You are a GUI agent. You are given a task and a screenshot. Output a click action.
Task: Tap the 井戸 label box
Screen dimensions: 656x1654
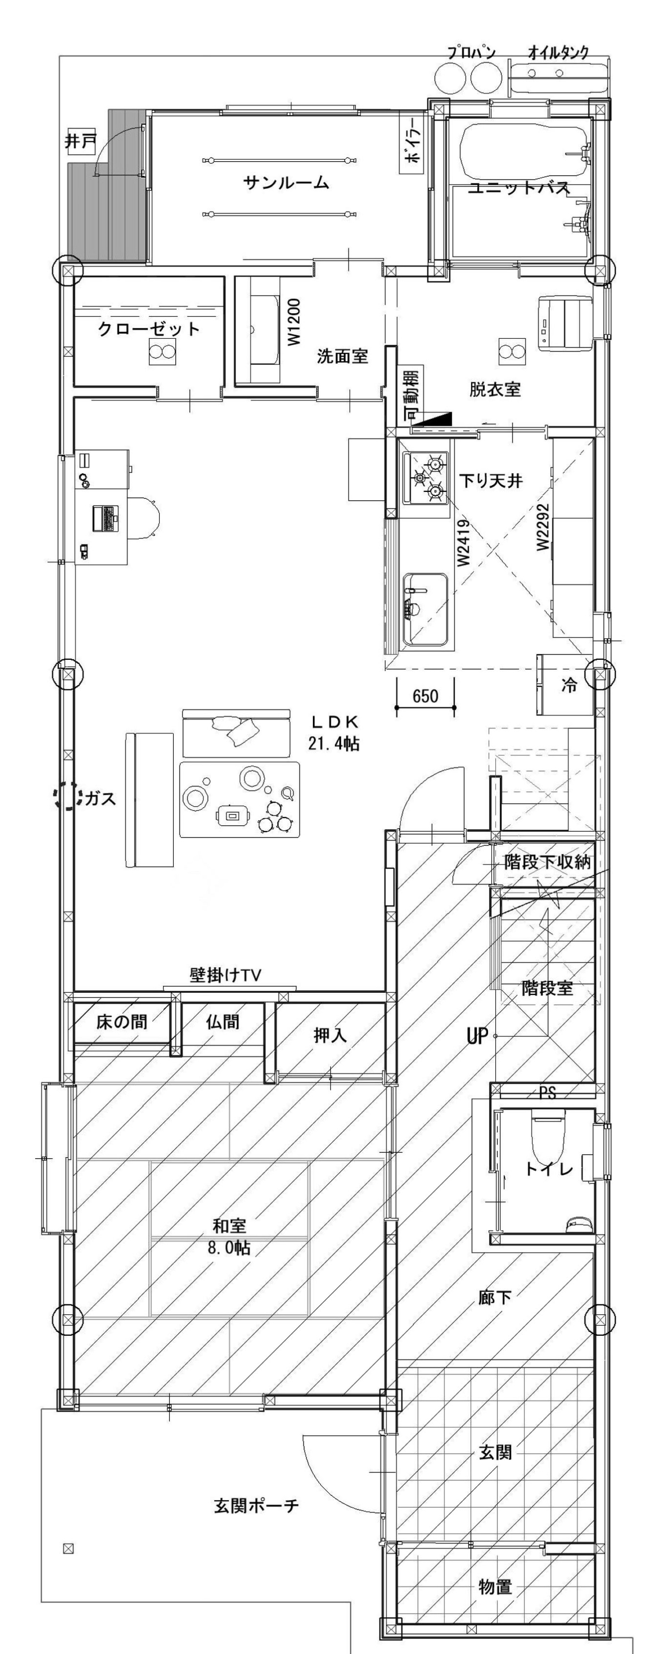(80, 141)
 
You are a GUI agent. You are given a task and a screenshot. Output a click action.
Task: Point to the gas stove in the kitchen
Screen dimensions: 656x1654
(425, 478)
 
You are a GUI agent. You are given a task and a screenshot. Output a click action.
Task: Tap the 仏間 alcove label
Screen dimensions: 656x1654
(223, 1022)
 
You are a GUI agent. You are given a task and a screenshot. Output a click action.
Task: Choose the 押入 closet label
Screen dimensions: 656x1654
(330, 1035)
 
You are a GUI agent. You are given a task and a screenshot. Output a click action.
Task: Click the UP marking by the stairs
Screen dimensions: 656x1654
(477, 1036)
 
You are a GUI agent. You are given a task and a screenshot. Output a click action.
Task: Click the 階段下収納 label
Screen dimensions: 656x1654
(547, 862)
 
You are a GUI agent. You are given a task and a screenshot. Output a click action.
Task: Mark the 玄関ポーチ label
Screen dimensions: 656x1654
(256, 1506)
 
